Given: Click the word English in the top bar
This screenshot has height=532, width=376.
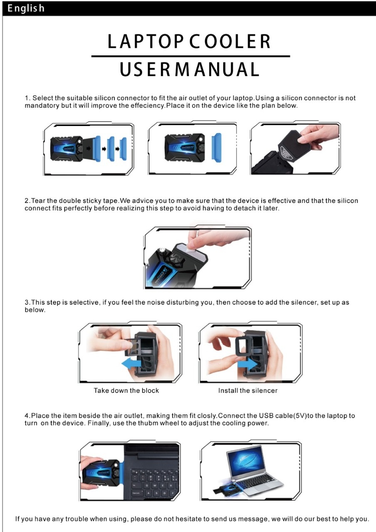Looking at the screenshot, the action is click(x=26, y=8).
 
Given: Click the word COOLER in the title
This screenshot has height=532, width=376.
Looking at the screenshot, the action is click(x=230, y=41).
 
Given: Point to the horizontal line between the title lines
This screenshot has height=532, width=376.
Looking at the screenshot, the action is click(x=190, y=56).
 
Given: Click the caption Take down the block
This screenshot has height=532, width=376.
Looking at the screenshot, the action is click(x=126, y=390).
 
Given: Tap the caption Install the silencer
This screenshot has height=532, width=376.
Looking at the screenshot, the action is click(x=247, y=390).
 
